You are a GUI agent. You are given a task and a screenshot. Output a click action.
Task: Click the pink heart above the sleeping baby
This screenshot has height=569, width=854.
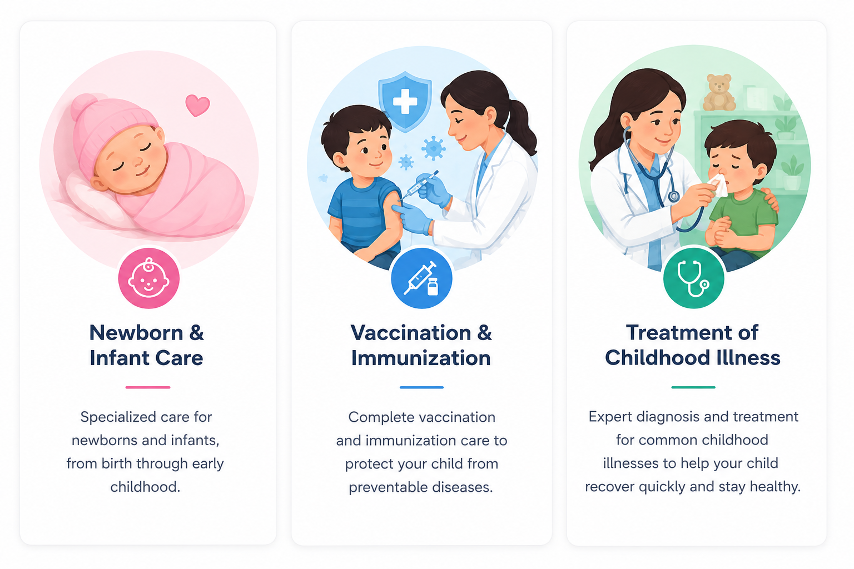tap(197, 105)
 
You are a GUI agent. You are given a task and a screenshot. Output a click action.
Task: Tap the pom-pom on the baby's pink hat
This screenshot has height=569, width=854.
tap(82, 106)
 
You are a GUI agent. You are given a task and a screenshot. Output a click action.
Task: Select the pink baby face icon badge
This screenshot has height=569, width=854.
tap(148, 278)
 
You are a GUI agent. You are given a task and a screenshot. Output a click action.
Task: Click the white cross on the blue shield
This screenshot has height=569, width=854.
tap(405, 101)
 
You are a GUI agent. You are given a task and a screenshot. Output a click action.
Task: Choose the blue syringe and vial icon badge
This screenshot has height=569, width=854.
tap(421, 278)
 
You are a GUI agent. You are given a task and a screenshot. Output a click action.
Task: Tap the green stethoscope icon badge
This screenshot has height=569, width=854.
tap(693, 278)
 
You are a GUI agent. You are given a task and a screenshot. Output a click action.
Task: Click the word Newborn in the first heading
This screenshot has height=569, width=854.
tap(136, 333)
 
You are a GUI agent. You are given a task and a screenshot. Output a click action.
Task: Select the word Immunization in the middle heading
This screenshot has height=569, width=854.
tap(421, 358)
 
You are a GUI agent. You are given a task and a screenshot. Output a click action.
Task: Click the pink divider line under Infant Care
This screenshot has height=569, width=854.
tap(148, 387)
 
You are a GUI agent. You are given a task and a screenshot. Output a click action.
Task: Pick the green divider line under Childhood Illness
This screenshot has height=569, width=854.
tap(693, 387)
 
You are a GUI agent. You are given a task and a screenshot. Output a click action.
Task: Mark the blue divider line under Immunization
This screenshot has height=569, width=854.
tap(421, 387)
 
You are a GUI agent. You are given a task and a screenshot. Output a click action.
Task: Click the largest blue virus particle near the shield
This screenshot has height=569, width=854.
tap(434, 148)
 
